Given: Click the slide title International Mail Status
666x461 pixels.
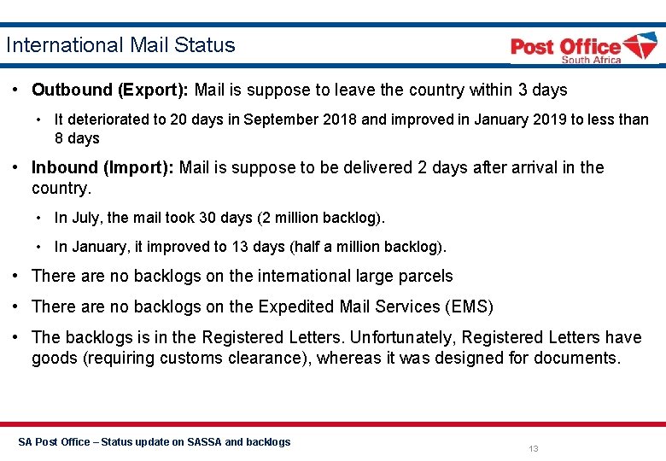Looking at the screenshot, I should coord(120,45).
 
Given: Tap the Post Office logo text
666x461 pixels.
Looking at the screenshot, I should coord(565,46).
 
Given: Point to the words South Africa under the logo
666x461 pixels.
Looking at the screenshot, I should coord(591,60).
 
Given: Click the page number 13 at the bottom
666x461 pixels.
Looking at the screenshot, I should coord(534,449).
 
